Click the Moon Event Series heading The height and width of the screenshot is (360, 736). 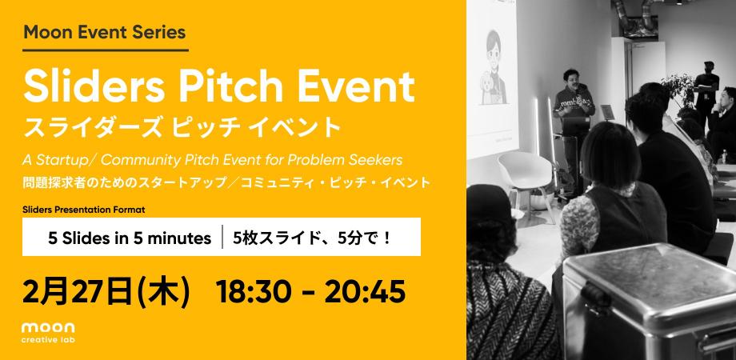105,33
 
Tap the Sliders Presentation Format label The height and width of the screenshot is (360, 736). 89,209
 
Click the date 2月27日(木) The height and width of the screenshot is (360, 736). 106,292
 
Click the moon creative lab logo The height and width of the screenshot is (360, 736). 49,332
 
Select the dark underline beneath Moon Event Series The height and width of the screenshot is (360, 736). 105,51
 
